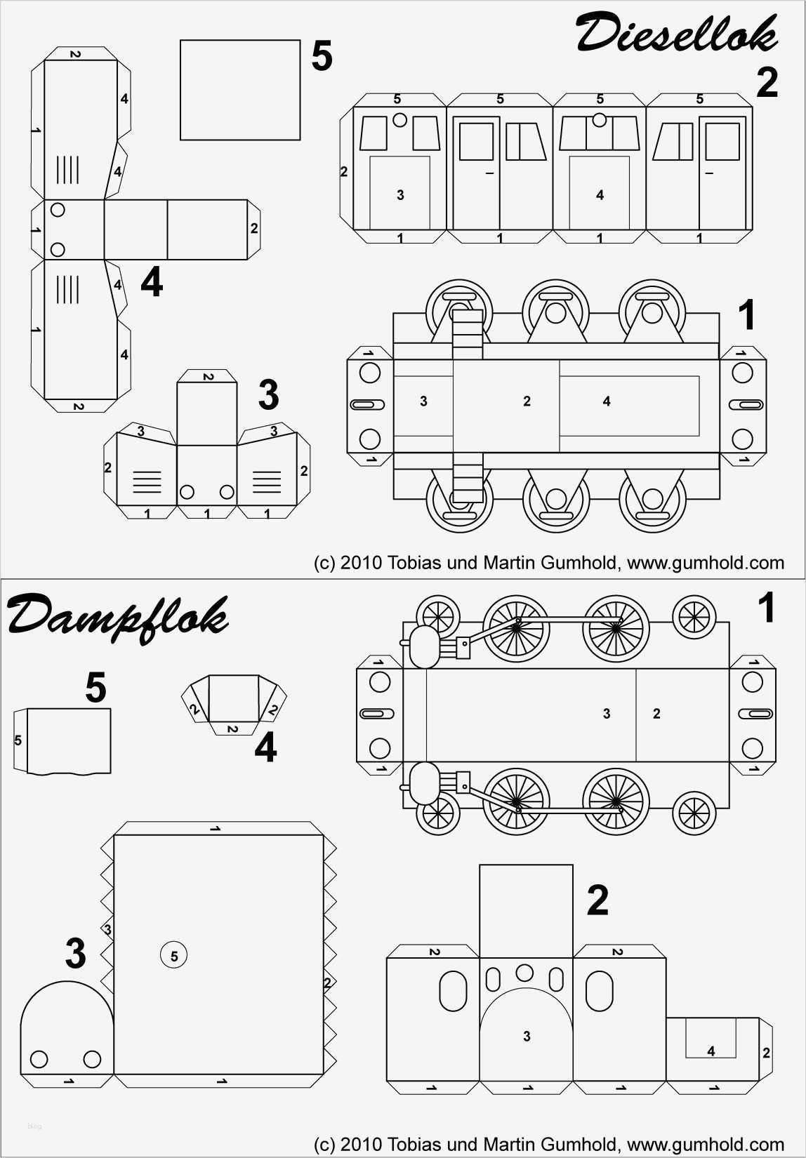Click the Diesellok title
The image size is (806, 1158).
(677, 33)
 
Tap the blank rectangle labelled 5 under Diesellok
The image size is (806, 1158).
(240, 90)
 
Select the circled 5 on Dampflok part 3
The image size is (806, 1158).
(174, 956)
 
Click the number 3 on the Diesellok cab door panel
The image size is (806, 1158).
(400, 195)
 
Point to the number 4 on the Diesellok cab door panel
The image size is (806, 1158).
(600, 195)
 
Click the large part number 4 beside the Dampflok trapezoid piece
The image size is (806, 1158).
(265, 747)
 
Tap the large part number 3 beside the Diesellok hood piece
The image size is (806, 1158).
(268, 396)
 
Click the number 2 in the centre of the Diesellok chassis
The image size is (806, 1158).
(527, 401)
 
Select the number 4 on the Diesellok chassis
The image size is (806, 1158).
(607, 401)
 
